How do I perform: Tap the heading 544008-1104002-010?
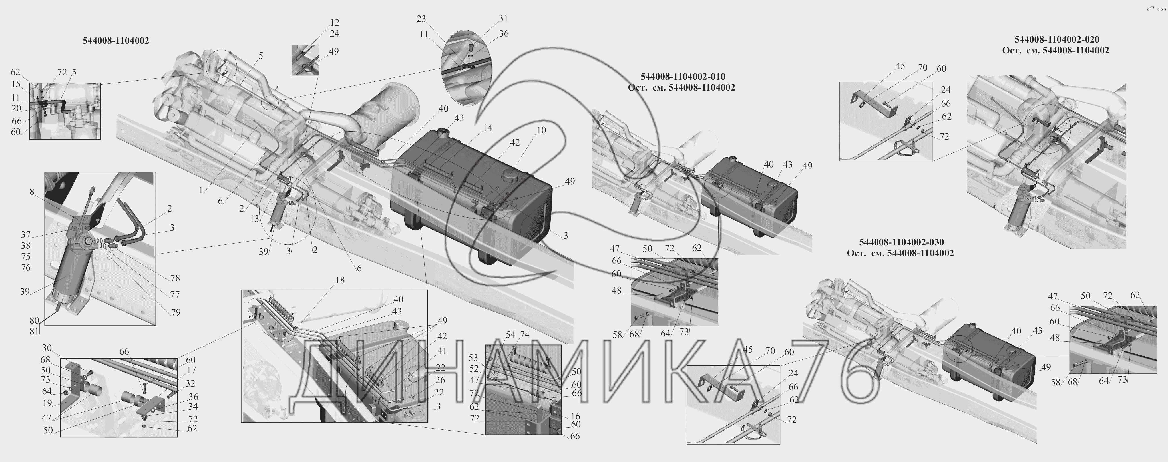[682, 76]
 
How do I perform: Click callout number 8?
[32, 192]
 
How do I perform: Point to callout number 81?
[34, 331]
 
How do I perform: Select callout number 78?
[175, 278]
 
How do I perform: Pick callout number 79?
[176, 312]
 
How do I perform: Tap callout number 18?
[340, 280]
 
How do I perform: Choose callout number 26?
[440, 380]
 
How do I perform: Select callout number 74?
[524, 334]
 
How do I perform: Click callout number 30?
[47, 348]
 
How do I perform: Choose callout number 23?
[421, 19]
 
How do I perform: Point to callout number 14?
[487, 128]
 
